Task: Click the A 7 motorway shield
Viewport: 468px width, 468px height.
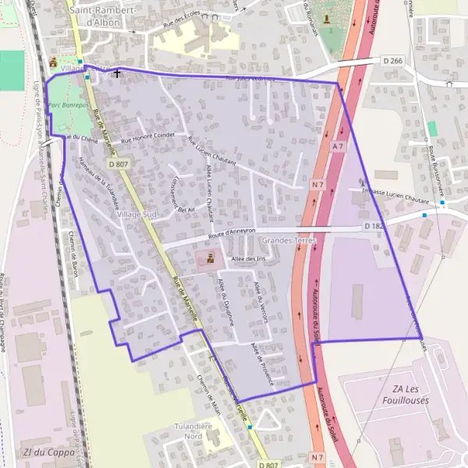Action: click(338, 146)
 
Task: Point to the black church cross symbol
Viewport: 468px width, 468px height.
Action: click(117, 73)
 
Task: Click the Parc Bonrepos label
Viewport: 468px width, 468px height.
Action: click(66, 104)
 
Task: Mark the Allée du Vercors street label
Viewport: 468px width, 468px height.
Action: click(259, 300)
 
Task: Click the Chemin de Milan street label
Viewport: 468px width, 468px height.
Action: click(209, 392)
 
